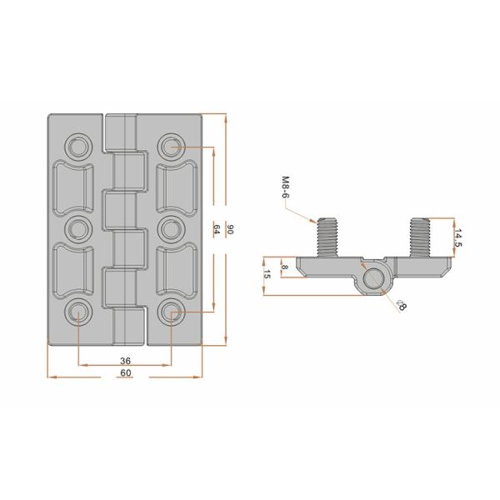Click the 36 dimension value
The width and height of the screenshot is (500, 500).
[x=125, y=361]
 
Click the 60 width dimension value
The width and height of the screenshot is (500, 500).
[x=126, y=372]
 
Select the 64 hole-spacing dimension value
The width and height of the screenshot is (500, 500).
[x=216, y=229]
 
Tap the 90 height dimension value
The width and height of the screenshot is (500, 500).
[x=230, y=229]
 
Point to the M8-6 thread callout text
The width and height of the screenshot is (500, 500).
[x=286, y=187]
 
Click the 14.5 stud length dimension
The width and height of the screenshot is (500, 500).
[x=458, y=237]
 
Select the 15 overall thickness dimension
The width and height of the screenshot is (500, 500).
[x=267, y=274]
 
